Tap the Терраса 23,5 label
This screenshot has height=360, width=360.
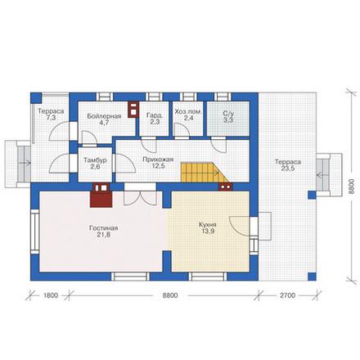(x=288, y=165)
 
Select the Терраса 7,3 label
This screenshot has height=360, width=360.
(x=51, y=115)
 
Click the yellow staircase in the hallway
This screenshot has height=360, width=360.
(x=205, y=173)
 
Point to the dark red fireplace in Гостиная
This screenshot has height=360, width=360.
(x=101, y=195)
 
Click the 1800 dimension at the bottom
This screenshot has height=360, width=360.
(x=51, y=295)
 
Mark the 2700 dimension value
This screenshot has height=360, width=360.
(x=287, y=295)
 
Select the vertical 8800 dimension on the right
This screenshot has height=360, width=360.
(x=352, y=187)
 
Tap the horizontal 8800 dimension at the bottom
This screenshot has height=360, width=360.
(x=170, y=295)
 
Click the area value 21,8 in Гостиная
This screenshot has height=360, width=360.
(x=104, y=235)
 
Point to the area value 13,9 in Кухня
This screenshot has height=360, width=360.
(x=208, y=232)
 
